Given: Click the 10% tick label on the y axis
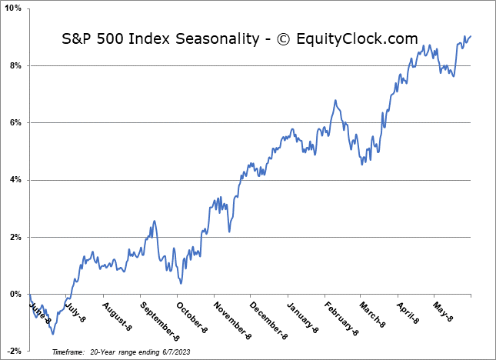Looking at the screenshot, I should pyautogui.click(x=15, y=8).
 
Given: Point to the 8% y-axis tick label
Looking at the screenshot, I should pyautogui.click(x=17, y=65).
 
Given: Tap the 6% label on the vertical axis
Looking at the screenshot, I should pyautogui.click(x=17, y=123).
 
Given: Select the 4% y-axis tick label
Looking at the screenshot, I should pyautogui.click(x=17, y=180).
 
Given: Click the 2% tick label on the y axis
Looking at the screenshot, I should pyautogui.click(x=17, y=237).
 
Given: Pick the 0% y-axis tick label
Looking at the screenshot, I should pyautogui.click(x=17, y=294).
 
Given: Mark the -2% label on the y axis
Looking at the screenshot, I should pyautogui.click(x=15, y=351).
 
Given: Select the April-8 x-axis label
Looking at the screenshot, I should pyautogui.click(x=409, y=314).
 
